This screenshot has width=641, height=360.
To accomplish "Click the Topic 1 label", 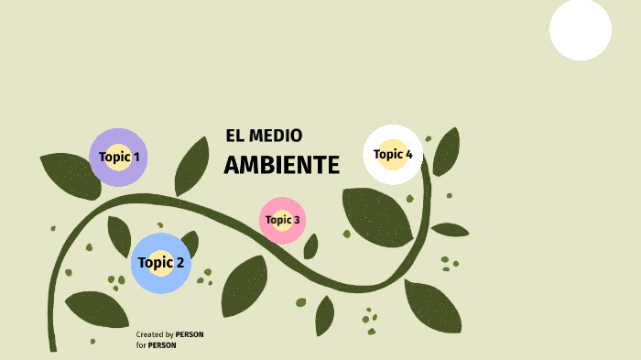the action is (119, 157).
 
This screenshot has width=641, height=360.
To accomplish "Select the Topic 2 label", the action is (160, 263).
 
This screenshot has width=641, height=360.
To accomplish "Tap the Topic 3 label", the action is (282, 220).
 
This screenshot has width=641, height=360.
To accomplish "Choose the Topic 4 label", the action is (393, 154).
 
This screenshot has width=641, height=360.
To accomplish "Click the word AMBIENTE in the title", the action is (281, 166).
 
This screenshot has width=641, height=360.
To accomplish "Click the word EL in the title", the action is (234, 136).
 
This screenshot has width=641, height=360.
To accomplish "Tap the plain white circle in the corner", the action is (581, 29).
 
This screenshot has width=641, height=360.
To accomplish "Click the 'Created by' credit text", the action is (155, 334).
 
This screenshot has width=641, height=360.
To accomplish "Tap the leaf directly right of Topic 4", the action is (446, 152).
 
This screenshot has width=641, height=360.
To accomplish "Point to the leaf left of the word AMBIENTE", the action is (192, 165).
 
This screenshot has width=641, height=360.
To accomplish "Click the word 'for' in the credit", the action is (141, 345).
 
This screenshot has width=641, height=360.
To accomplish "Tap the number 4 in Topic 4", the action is (408, 154).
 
